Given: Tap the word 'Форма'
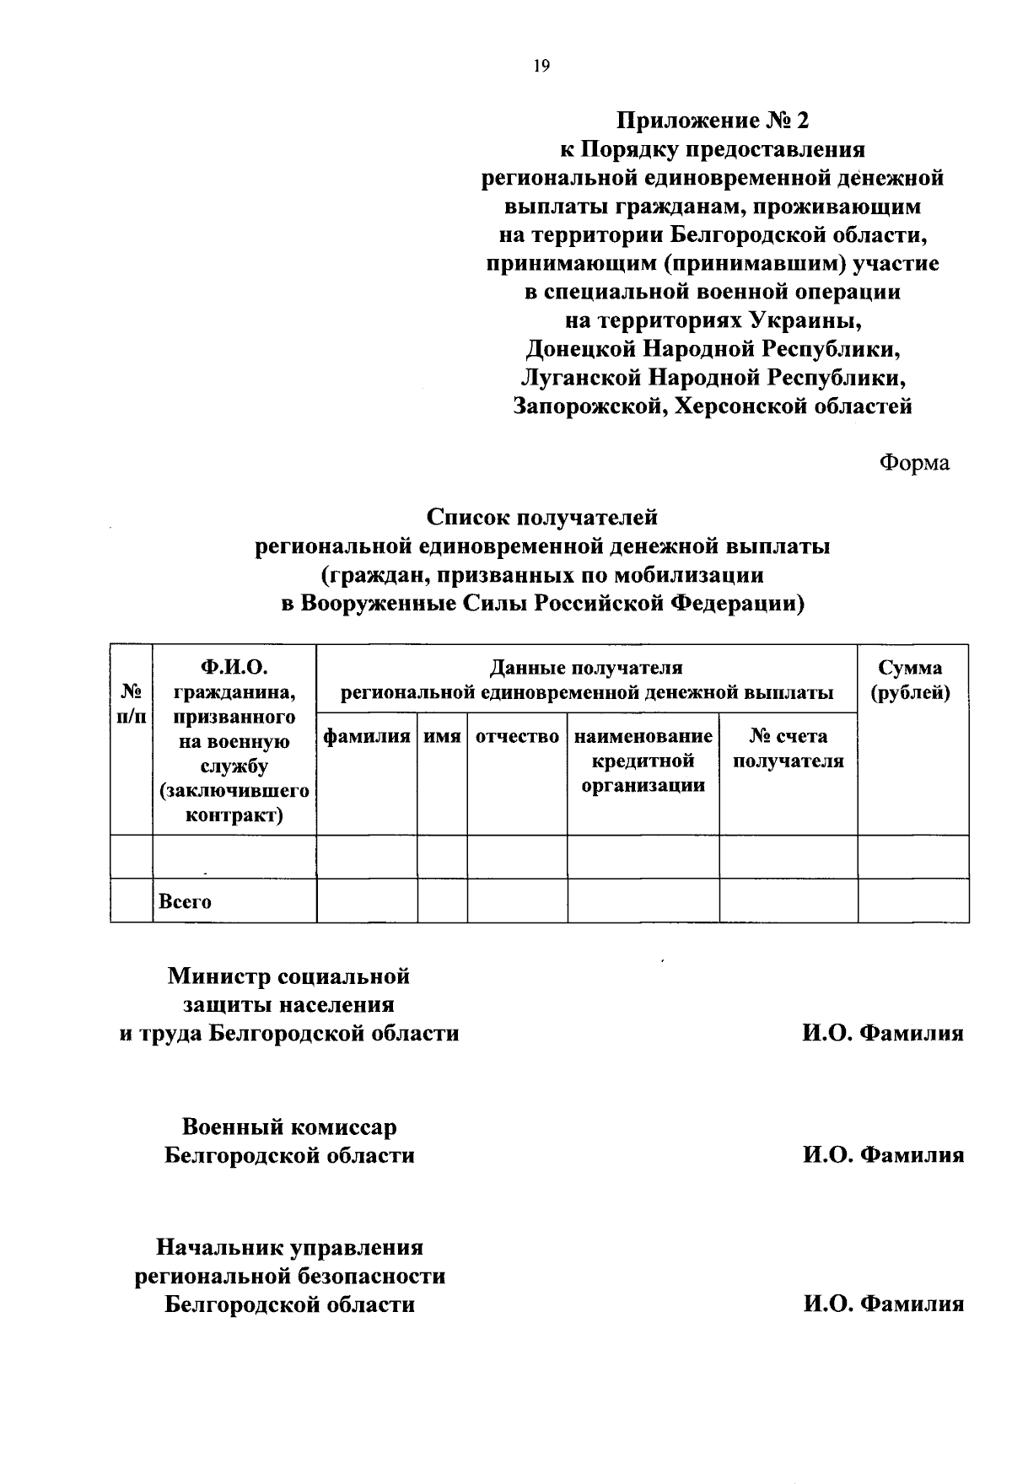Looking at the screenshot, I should pyautogui.click(x=914, y=463).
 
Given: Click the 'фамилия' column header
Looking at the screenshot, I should pyautogui.click(x=367, y=736).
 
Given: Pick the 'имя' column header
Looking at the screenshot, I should pyautogui.click(x=442, y=736).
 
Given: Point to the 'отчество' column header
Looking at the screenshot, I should pyautogui.click(x=517, y=736).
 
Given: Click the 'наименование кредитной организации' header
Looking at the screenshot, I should pyautogui.click(x=643, y=761).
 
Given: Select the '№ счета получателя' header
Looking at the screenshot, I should pyautogui.click(x=788, y=749).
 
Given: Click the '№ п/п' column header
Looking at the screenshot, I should pyautogui.click(x=131, y=704).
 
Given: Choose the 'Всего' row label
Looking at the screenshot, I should pyautogui.click(x=186, y=901).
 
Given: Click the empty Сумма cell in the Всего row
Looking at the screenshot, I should pyautogui.click(x=912, y=901).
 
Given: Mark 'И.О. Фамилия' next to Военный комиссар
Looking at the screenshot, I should pyautogui.click(x=882, y=1155).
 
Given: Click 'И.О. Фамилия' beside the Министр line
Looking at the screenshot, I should pyautogui.click(x=882, y=1034).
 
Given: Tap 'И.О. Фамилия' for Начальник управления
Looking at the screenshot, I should pyautogui.click(x=882, y=1304).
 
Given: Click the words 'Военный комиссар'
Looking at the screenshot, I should pyautogui.click(x=289, y=1127).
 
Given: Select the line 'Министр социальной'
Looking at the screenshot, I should pyautogui.click(x=289, y=976).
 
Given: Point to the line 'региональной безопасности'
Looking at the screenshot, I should pyautogui.click(x=291, y=1277).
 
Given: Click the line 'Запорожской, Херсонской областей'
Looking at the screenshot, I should pyautogui.click(x=713, y=406).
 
